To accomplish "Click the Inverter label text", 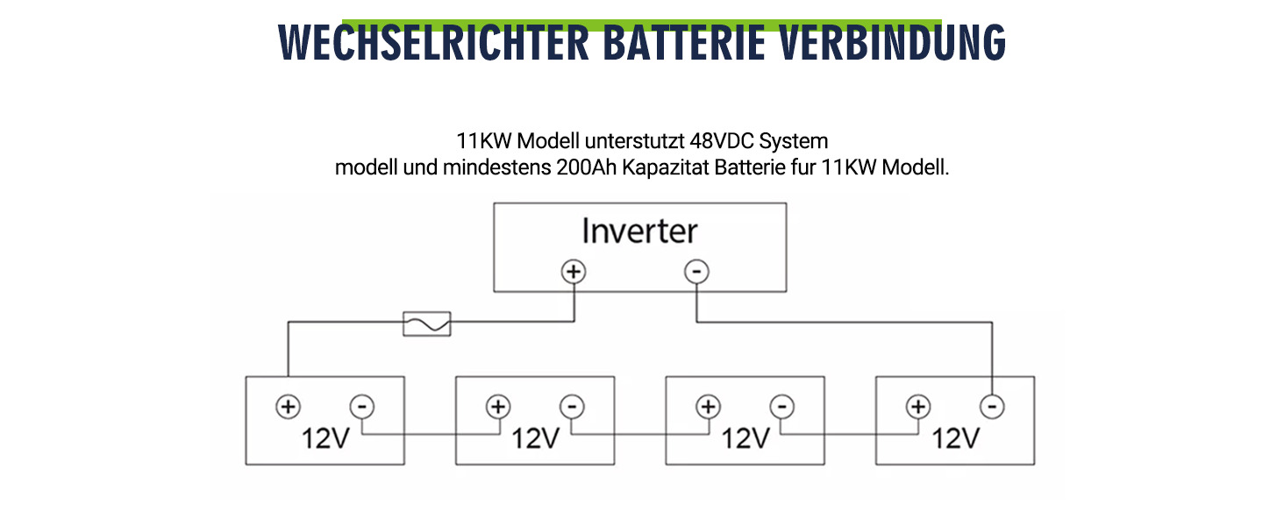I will coord(639,231).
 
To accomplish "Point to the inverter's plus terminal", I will coord(574,272).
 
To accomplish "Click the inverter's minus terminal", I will coord(696,272).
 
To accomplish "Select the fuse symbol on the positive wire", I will coord(426,323).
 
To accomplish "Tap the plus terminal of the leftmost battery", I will coord(288,407).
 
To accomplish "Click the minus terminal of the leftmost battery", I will coord(362,407).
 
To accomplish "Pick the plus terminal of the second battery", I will coord(498,407).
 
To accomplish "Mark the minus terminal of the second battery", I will coord(572,407).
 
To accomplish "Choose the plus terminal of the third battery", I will coord(708,407).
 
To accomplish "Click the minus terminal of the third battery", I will coord(782,407).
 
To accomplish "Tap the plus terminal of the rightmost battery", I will coord(918,407).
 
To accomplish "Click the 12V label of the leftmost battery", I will coord(325,437).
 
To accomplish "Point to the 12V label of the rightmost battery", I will coord(955,437).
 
